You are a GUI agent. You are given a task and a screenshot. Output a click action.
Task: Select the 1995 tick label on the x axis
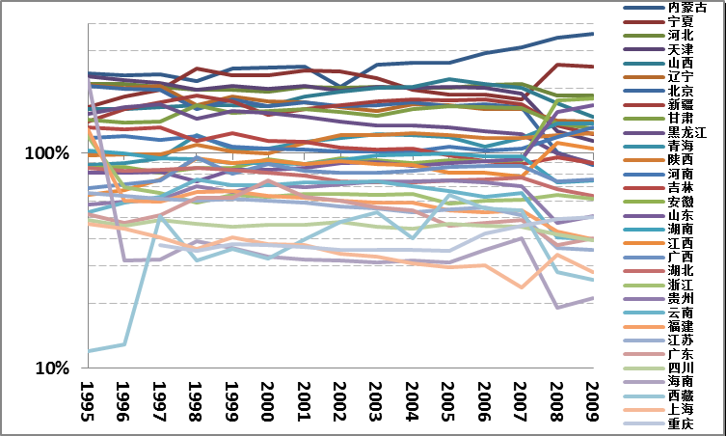88,397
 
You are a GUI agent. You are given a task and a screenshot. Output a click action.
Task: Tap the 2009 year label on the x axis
592,397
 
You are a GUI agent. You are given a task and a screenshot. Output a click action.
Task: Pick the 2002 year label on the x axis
339,397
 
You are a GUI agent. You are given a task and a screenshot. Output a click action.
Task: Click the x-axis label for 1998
196,397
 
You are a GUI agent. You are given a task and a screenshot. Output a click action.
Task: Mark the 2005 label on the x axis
447,397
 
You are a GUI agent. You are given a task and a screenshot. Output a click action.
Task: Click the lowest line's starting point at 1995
89,351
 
